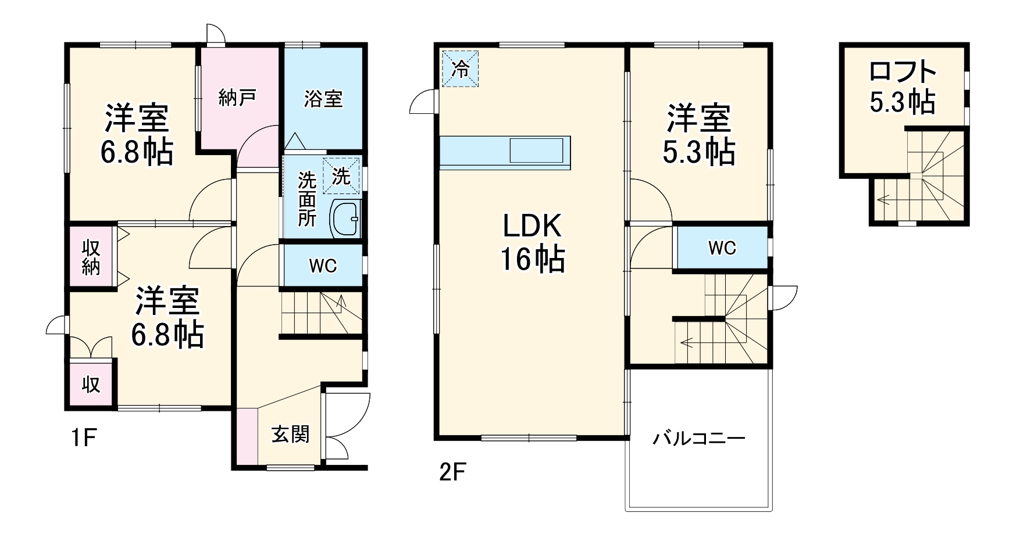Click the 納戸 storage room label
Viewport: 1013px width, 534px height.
237,98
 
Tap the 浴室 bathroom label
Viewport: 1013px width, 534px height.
323,98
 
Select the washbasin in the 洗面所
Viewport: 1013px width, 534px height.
345,219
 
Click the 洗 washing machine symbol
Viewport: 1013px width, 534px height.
341,176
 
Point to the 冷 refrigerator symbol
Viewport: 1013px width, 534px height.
460,69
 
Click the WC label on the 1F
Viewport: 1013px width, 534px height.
323,266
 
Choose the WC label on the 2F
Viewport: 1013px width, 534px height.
722,248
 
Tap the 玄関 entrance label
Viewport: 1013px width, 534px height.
290,434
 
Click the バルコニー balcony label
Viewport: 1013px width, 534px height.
698,438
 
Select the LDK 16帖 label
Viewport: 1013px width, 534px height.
532,242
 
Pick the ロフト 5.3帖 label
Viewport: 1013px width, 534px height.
902,87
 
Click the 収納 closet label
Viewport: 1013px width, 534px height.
91,257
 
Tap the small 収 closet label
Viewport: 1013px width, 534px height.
91,384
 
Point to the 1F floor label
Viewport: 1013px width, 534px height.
84,438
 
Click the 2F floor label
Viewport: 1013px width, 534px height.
452,472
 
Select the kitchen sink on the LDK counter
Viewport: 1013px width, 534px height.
536,150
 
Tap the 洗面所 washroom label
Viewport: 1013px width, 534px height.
306,199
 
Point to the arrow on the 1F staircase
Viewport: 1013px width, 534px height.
341,302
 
